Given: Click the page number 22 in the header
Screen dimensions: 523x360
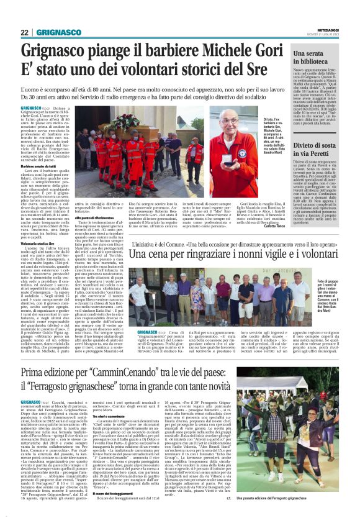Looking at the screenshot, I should pyautogui.click(x=25, y=32).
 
